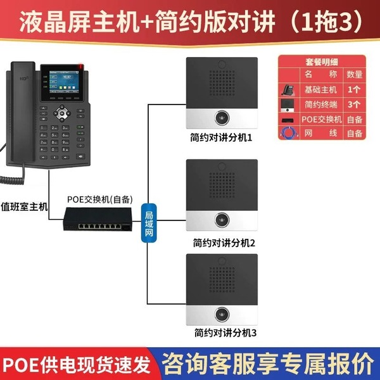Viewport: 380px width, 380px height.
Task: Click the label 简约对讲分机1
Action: (221, 137)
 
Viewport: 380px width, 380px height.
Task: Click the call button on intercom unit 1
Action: (222, 118)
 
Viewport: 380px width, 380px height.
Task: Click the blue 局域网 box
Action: (149, 221)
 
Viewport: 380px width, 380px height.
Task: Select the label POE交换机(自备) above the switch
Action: (99, 199)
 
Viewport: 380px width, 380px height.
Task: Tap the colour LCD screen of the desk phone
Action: (59, 84)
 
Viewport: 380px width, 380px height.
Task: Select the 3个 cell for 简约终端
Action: (355, 103)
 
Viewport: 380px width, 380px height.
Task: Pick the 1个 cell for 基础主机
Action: (355, 88)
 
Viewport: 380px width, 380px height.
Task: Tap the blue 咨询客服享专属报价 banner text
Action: (267, 363)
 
